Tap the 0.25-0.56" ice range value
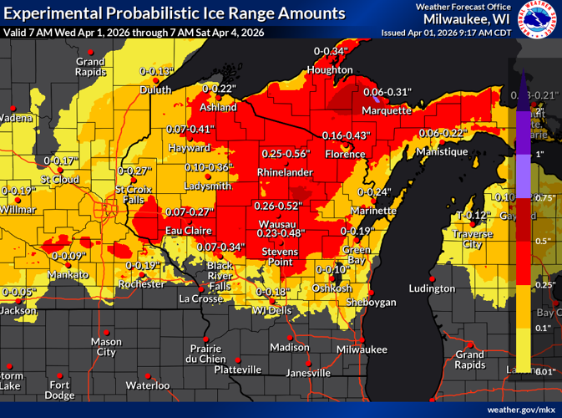click(286, 155)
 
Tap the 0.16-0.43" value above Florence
click(346, 135)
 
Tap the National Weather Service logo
click(538, 19)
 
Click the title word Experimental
click(53, 13)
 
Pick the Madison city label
click(290, 348)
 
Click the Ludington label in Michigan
click(432, 288)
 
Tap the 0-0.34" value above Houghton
click(331, 52)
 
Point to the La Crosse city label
click(201, 298)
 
